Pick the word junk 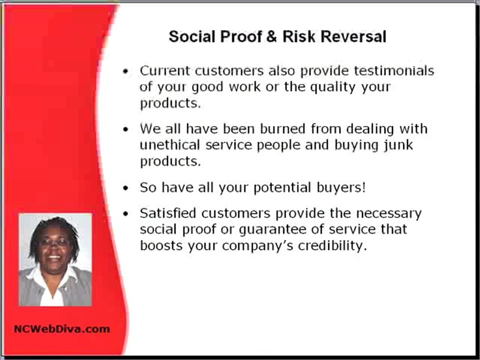click(399, 145)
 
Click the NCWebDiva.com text click(61, 328)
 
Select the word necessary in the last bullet click(389, 213)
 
